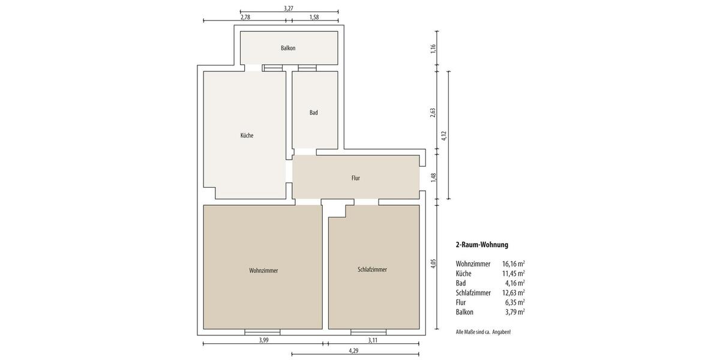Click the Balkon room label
click(x=288, y=48)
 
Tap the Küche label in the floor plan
click(x=247, y=136)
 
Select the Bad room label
click(x=314, y=113)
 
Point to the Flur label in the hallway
click(x=356, y=178)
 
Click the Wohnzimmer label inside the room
click(x=263, y=271)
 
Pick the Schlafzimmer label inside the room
click(x=372, y=270)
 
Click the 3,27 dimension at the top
click(x=289, y=8)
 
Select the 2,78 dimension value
click(x=245, y=17)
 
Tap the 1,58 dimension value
click(x=314, y=17)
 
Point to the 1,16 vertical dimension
click(x=433, y=49)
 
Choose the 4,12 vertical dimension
click(x=444, y=136)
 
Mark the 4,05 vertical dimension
click(x=433, y=264)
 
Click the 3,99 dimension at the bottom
click(x=263, y=340)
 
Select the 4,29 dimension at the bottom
click(x=354, y=350)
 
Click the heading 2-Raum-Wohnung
click(x=482, y=245)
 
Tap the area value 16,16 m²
click(x=513, y=264)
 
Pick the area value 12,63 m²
click(x=513, y=293)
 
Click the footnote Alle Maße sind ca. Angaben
click(x=483, y=332)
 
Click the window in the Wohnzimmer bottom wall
click(x=262, y=332)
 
